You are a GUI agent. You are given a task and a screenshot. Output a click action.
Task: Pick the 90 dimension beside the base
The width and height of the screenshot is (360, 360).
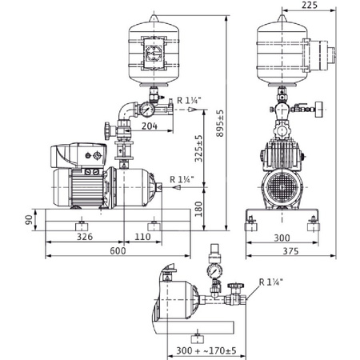[30, 219]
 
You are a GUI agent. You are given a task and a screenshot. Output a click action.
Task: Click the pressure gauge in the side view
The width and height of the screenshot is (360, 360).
[149, 106]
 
